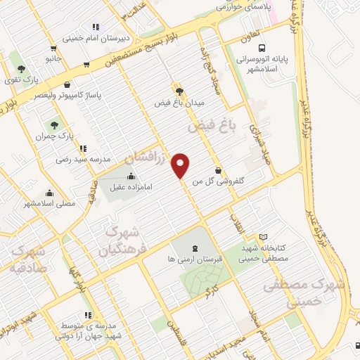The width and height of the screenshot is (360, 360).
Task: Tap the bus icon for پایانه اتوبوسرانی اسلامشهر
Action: click(262, 49)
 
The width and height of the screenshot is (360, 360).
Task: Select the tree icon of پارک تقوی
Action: click(22, 69)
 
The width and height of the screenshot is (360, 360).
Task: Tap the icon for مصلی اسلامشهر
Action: click(49, 193)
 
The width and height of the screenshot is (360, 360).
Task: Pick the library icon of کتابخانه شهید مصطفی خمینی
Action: click(263, 237)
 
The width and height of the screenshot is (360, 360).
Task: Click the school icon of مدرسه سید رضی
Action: click(84, 148)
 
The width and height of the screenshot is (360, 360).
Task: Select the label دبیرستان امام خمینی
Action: click(95, 39)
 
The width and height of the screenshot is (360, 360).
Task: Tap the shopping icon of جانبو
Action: click(53, 48)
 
